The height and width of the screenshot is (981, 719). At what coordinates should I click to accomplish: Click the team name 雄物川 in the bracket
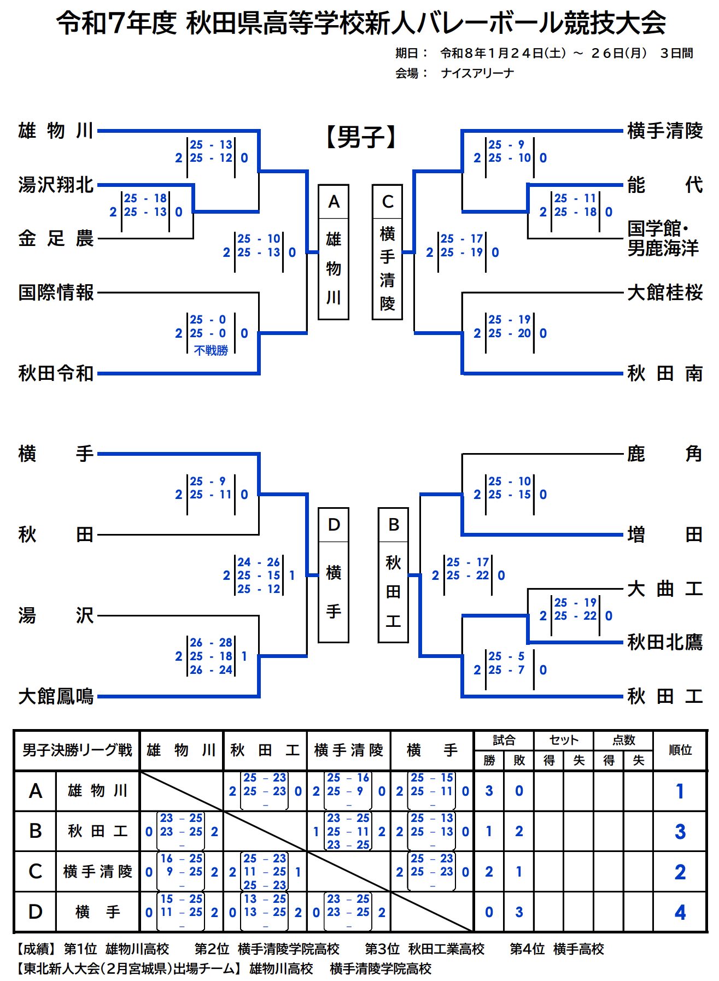[56, 131]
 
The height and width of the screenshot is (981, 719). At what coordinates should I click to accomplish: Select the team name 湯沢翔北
[56, 185]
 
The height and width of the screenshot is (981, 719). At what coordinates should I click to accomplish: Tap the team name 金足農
[56, 238]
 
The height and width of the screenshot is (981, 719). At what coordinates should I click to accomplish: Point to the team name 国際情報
[56, 292]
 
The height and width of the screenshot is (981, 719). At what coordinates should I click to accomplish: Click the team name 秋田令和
[56, 373]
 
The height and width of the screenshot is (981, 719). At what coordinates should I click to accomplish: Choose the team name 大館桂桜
[664, 292]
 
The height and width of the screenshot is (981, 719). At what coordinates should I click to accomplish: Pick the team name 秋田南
[664, 373]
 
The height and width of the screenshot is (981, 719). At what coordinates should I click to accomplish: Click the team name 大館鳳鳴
[56, 696]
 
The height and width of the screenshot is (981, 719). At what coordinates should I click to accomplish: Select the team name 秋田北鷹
[664, 642]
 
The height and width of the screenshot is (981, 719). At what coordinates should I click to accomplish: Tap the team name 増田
[664, 534]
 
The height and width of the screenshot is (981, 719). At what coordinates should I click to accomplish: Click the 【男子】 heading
[361, 137]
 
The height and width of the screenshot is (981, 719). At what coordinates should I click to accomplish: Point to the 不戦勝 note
[211, 350]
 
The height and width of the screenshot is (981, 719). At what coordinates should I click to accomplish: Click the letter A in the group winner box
[334, 202]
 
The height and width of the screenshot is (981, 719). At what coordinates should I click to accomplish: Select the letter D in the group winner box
[334, 525]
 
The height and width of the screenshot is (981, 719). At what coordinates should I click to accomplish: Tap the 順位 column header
[680, 750]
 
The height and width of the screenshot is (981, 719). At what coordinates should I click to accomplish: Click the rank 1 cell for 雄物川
[680, 791]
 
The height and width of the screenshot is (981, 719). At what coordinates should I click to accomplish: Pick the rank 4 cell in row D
[680, 912]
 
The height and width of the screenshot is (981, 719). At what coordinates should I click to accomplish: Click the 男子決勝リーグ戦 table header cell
[77, 750]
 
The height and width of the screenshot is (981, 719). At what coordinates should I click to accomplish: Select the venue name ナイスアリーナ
[477, 73]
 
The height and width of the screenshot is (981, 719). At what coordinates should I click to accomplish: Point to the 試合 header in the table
[504, 740]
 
